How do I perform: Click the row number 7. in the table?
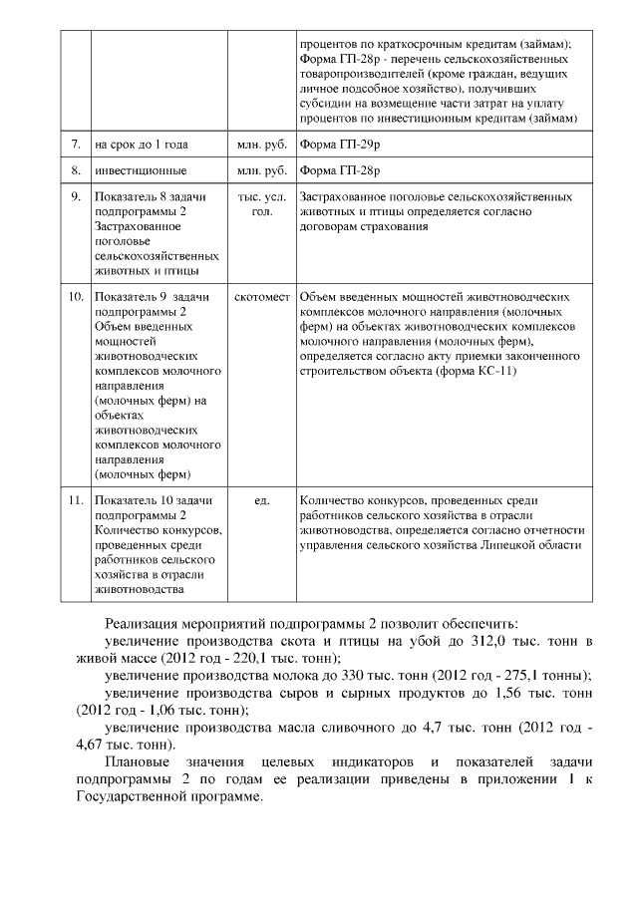[75, 145]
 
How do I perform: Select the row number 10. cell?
[75, 297]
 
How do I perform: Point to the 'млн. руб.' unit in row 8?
[262, 170]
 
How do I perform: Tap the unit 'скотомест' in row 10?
[262, 297]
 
